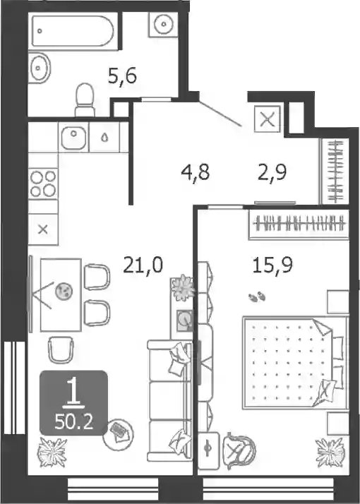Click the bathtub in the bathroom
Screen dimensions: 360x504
click(x=73, y=31)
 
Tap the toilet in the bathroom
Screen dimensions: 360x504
click(x=85, y=100)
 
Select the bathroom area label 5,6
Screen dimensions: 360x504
click(x=122, y=77)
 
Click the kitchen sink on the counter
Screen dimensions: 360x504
click(x=74, y=138)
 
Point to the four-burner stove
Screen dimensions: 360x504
click(x=43, y=184)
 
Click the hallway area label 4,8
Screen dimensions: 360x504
click(x=195, y=172)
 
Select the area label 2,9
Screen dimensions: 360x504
click(x=272, y=172)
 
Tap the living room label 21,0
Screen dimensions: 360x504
click(x=143, y=265)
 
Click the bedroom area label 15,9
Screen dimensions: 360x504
click(x=272, y=265)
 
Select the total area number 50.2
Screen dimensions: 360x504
click(x=74, y=421)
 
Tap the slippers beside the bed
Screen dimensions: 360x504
click(x=257, y=296)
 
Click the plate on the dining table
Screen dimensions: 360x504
click(x=64, y=292)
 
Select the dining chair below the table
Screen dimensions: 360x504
click(x=61, y=349)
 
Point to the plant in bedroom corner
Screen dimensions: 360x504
click(x=330, y=452)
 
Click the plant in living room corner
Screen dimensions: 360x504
click(x=52, y=452)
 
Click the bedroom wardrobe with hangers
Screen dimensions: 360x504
click(x=299, y=224)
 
